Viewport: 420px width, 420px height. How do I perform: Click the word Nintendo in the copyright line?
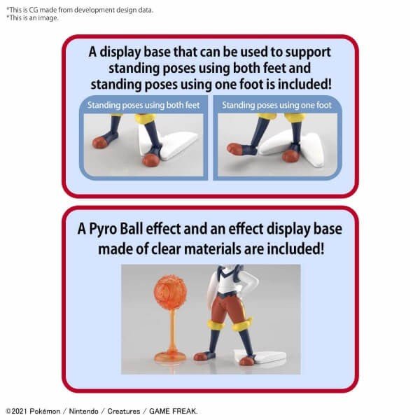coord(83,411)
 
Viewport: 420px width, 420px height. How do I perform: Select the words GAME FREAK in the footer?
coord(172,411)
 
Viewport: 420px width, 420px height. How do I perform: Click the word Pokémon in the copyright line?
coord(45,411)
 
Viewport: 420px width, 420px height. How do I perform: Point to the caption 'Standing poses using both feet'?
coord(143,105)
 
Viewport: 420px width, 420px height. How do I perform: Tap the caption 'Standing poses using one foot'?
coord(276,105)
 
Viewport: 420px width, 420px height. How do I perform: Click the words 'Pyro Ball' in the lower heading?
coord(115,230)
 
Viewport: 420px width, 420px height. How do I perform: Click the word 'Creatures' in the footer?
coord(124,411)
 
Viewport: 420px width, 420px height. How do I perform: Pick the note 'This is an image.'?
coord(32,18)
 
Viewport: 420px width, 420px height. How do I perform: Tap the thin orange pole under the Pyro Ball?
coord(171,330)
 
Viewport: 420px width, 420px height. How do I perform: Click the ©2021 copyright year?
coord(16,411)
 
